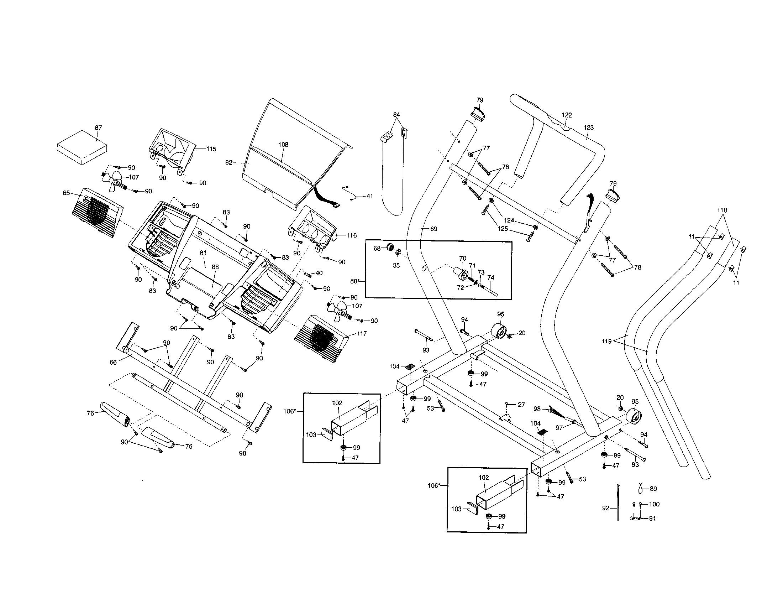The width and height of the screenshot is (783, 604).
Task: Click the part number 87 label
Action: [x=98, y=128]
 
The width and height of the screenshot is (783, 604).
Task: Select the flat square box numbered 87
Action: [x=82, y=147]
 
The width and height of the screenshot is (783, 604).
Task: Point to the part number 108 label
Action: [x=283, y=145]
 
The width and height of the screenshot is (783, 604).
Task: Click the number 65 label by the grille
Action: [x=66, y=193]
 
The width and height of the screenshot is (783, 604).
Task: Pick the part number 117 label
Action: [x=362, y=334]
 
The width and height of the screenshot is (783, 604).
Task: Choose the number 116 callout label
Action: [x=352, y=235]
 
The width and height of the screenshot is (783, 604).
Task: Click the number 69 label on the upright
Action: [x=433, y=229]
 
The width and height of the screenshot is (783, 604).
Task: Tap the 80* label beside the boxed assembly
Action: [x=354, y=281]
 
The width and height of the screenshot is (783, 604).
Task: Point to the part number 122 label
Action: [x=567, y=115]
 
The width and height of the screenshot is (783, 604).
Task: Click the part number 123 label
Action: [x=589, y=127]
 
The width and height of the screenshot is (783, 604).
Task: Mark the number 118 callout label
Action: [x=722, y=210]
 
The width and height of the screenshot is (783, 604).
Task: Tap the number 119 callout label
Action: [x=606, y=342]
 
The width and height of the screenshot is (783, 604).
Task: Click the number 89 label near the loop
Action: [x=653, y=489]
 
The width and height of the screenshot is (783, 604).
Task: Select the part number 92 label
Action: [x=606, y=508]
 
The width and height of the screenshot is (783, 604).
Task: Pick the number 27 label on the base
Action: [x=521, y=405]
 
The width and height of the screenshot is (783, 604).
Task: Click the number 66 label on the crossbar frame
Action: [x=113, y=362]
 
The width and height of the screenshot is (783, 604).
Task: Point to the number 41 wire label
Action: [x=370, y=196]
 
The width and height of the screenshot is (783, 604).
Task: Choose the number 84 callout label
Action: [x=396, y=115]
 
